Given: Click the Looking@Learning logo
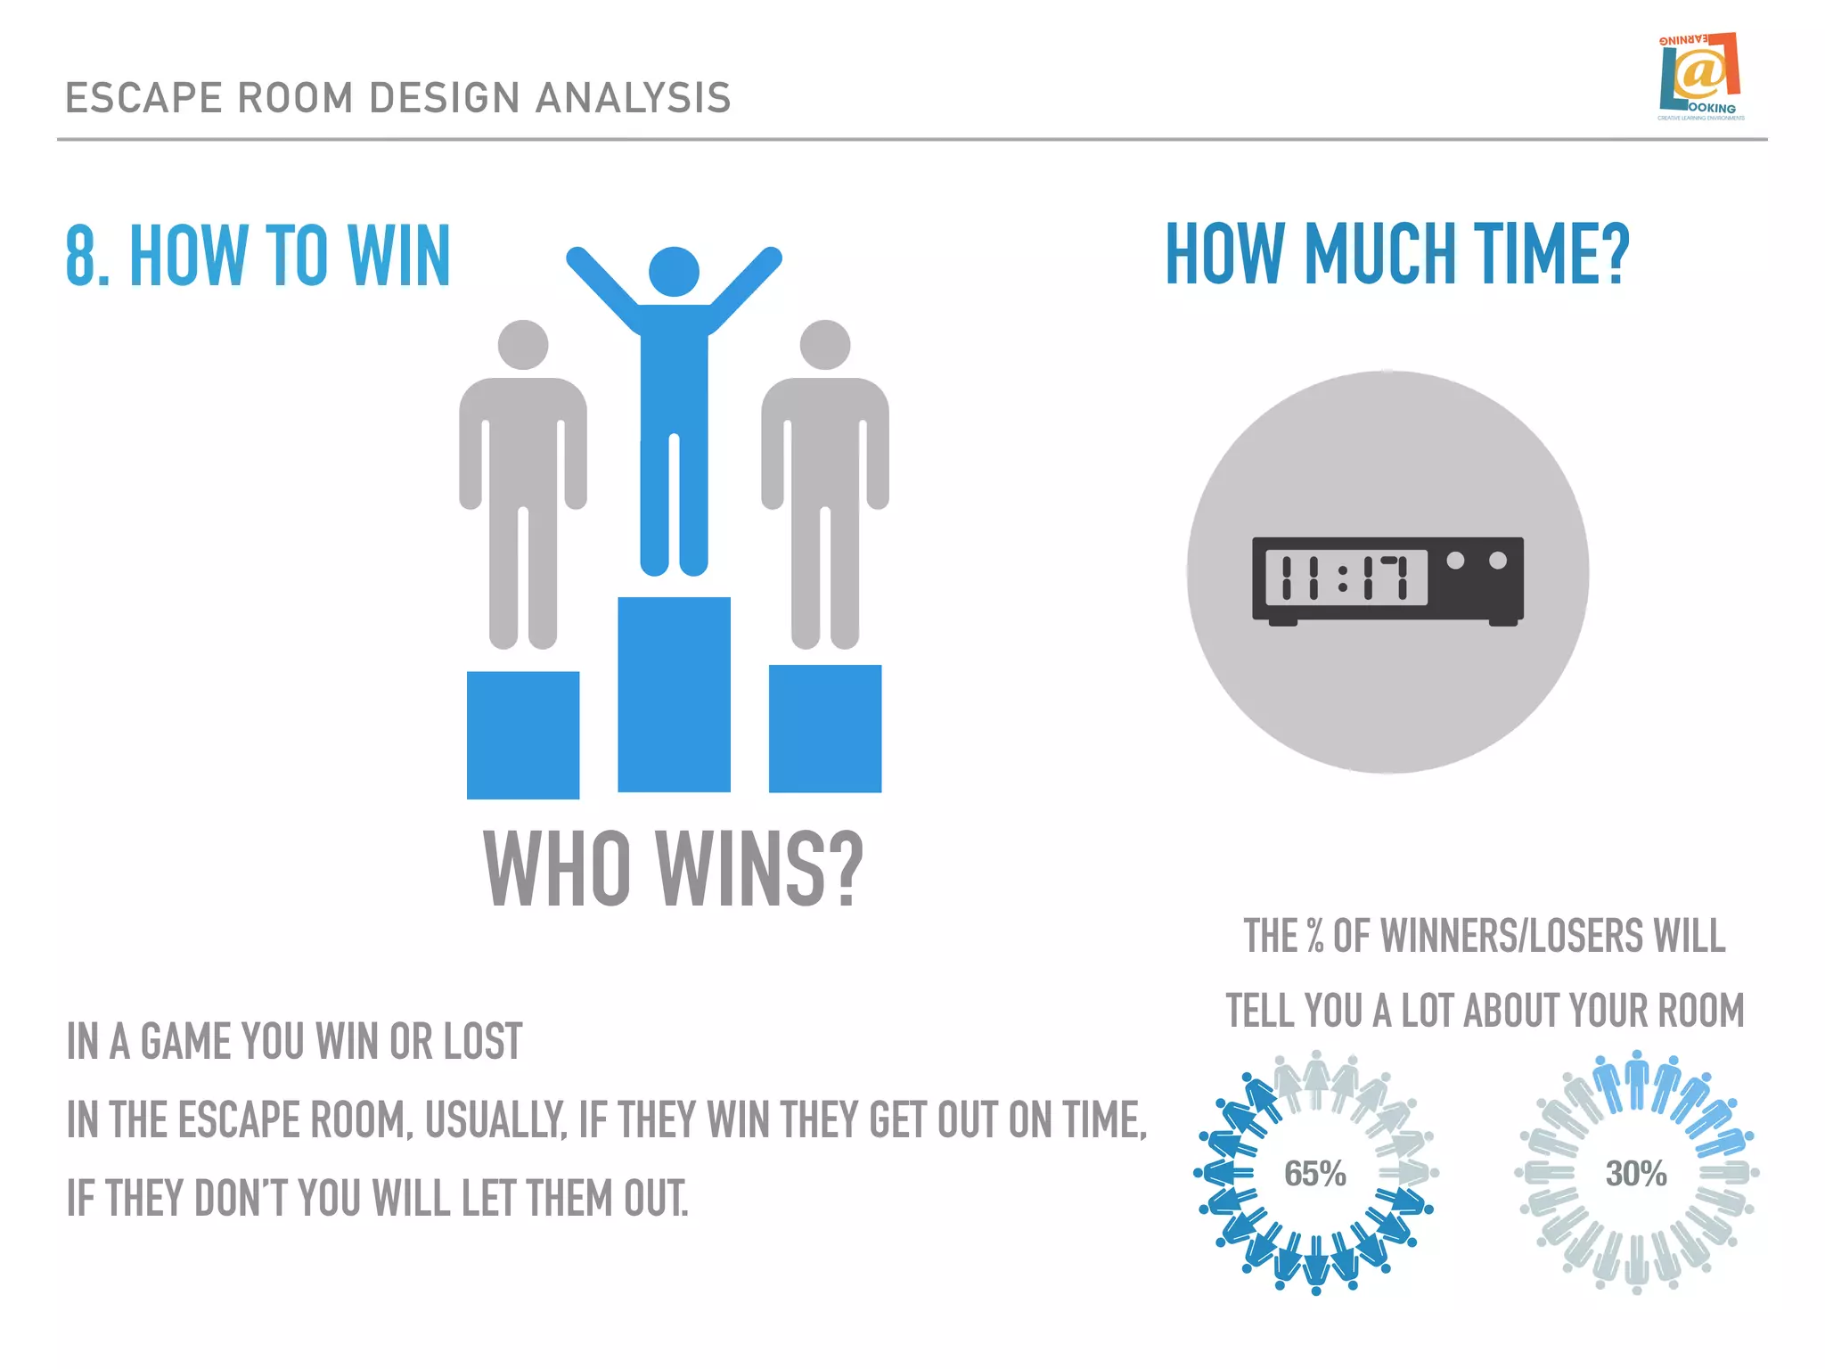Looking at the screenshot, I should pos(1700,77).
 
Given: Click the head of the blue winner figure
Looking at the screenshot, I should pos(674,271).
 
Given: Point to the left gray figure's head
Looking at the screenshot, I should pos(523,345).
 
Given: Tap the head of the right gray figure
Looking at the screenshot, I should pos(825,345).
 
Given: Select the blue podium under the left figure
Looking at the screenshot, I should pos(523,734).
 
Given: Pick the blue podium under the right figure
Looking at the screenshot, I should pos(825,728).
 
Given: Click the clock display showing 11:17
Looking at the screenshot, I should pos(1346,578).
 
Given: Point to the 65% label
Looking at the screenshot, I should pos(1314,1174).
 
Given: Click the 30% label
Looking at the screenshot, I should pos(1636,1174).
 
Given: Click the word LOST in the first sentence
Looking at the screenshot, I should pos(482,1042).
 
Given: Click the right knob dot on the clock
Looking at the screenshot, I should pos(1498,561).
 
